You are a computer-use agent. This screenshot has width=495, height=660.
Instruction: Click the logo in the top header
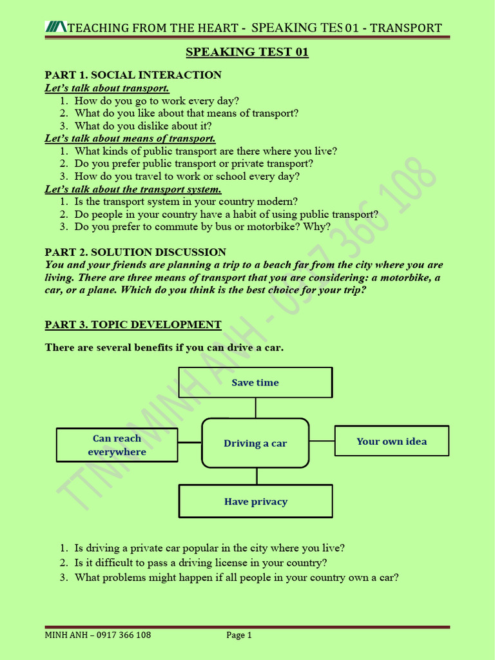pyautogui.click(x=56, y=27)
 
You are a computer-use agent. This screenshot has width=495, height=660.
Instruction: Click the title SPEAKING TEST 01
pyautogui.click(x=247, y=52)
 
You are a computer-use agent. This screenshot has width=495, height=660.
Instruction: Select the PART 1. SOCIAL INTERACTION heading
pyautogui.click(x=133, y=75)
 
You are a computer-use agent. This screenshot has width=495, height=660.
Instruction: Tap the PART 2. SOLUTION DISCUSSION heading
pyautogui.click(x=135, y=252)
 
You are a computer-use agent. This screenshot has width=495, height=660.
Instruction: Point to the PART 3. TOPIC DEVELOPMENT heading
pyautogui.click(x=133, y=324)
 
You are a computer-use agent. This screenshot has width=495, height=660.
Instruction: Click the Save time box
pyautogui.click(x=255, y=382)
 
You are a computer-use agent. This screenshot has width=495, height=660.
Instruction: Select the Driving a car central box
pyautogui.click(x=255, y=443)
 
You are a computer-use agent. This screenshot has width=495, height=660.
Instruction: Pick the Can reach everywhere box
pyautogui.click(x=117, y=445)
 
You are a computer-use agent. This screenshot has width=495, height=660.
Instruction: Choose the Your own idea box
pyautogui.click(x=392, y=442)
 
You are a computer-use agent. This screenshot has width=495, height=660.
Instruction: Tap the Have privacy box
pyautogui.click(x=256, y=501)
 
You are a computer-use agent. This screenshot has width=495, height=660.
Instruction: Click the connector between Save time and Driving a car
pyautogui.click(x=256, y=407)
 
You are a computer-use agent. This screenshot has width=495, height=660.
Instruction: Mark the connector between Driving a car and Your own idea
pyautogui.click(x=322, y=442)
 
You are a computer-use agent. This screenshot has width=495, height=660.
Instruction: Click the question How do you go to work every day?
pyautogui.click(x=157, y=101)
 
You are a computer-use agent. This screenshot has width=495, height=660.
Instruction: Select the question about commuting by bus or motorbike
pyautogui.click(x=202, y=227)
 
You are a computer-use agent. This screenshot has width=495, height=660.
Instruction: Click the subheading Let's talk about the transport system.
pyautogui.click(x=133, y=189)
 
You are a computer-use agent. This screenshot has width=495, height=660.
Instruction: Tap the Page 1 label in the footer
pyautogui.click(x=238, y=635)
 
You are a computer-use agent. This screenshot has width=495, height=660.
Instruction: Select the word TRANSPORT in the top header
pyautogui.click(x=406, y=28)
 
